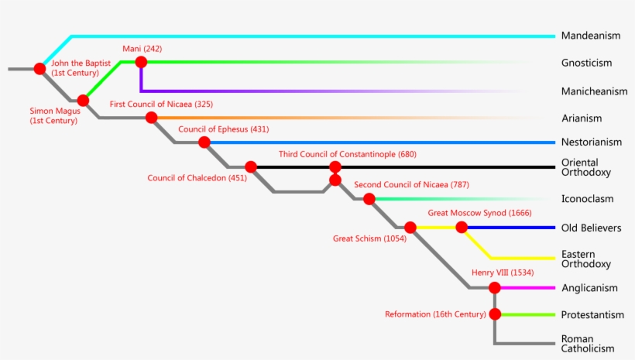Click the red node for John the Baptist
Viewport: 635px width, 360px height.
(x=39, y=69)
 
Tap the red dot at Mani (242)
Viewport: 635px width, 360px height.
(x=140, y=62)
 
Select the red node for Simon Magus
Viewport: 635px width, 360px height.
(x=83, y=100)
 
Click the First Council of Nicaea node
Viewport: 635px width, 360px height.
(x=150, y=118)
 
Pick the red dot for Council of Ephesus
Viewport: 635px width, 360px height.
(x=204, y=142)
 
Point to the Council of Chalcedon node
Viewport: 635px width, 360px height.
(x=251, y=166)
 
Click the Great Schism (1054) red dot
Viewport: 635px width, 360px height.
(x=410, y=228)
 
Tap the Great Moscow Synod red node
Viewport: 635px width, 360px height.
(x=462, y=228)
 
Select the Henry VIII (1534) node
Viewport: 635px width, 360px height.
(x=495, y=287)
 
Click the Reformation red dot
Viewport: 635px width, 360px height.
(x=495, y=314)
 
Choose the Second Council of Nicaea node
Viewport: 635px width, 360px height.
(x=369, y=199)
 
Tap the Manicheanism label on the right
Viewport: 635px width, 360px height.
(x=594, y=91)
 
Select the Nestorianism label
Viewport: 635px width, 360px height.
(x=592, y=142)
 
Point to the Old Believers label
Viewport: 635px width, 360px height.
(x=591, y=228)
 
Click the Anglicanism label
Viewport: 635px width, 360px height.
(x=589, y=288)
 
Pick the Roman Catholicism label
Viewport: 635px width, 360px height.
(x=588, y=344)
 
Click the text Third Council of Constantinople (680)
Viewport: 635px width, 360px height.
(x=347, y=154)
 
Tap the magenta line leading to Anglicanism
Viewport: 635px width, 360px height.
(x=530, y=287)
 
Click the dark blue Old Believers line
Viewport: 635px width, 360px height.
(x=511, y=228)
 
